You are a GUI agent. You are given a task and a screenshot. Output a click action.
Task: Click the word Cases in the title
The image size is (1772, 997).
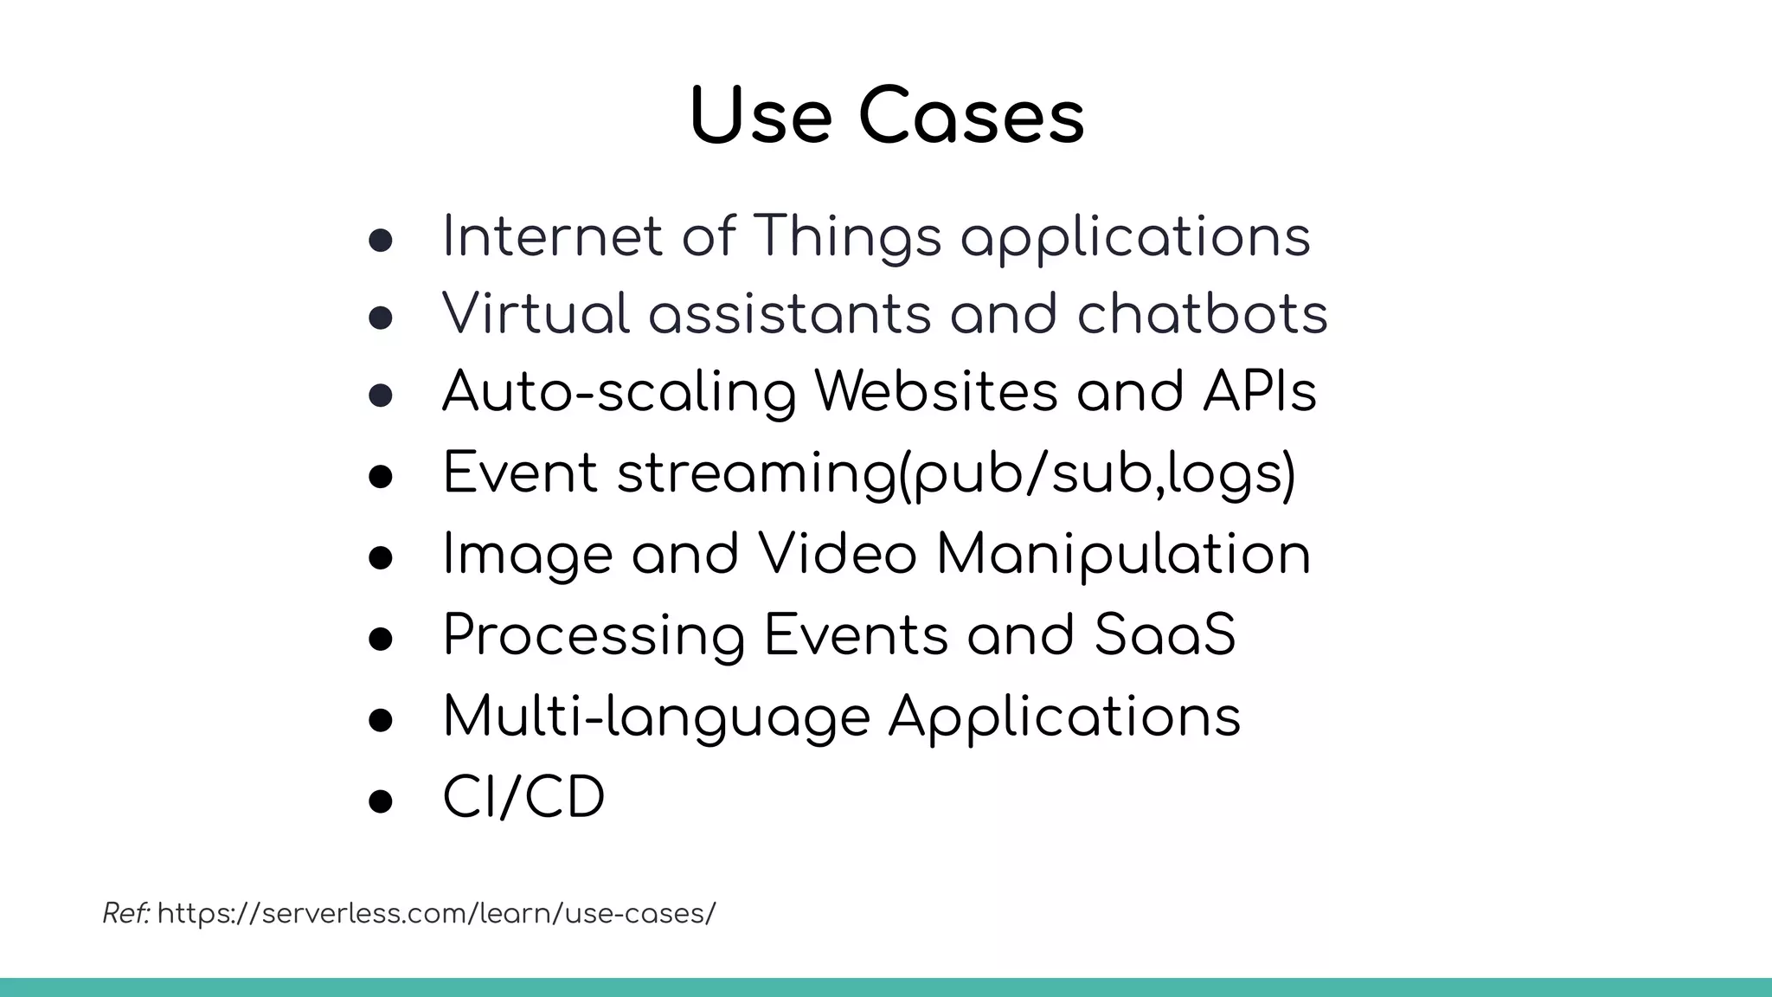(x=971, y=117)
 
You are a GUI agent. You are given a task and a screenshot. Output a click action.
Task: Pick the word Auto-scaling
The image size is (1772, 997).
(x=619, y=392)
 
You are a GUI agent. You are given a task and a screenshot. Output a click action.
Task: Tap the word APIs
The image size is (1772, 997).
(x=1259, y=392)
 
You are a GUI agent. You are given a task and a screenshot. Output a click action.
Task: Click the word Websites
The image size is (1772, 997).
(x=936, y=392)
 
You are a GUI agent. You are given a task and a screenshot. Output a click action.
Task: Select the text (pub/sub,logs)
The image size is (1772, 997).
(x=1096, y=473)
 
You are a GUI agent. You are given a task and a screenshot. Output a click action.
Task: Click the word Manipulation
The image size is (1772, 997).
(x=1123, y=555)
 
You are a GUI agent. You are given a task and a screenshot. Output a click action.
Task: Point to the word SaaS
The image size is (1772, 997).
(x=1165, y=635)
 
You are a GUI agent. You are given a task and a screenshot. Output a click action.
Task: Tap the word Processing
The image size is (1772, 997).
(x=594, y=635)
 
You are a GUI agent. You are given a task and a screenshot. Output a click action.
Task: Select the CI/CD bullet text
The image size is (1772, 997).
(x=523, y=797)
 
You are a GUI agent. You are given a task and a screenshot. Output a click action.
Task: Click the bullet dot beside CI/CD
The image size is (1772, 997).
(x=381, y=801)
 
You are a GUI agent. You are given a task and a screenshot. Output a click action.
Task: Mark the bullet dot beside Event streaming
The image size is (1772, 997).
(x=381, y=477)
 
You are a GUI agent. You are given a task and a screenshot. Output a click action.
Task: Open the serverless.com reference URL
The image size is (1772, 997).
(x=437, y=913)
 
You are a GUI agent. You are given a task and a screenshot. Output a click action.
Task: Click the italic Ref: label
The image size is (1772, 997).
(x=126, y=913)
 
